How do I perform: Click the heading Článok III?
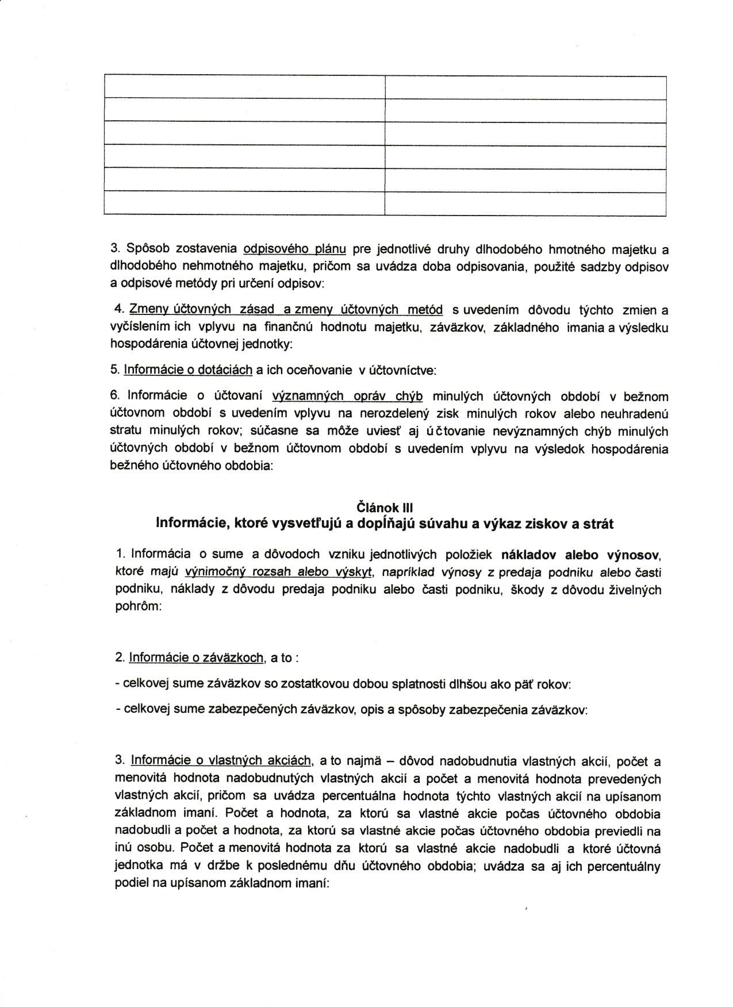point(385,507)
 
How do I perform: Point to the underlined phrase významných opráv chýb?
point(347,396)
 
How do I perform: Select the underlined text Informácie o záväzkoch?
point(197,658)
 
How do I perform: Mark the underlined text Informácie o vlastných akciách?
point(221,761)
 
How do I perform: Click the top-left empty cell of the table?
point(244,87)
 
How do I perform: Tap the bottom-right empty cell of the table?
point(525,203)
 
